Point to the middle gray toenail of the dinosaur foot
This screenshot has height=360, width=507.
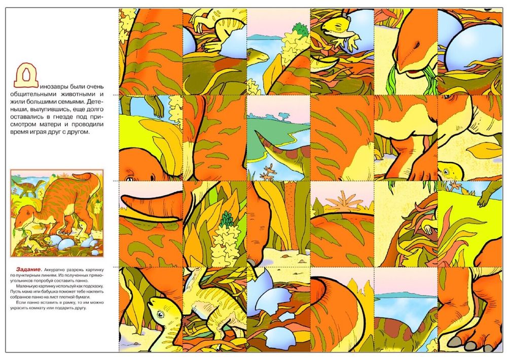(x=471, y=345)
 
